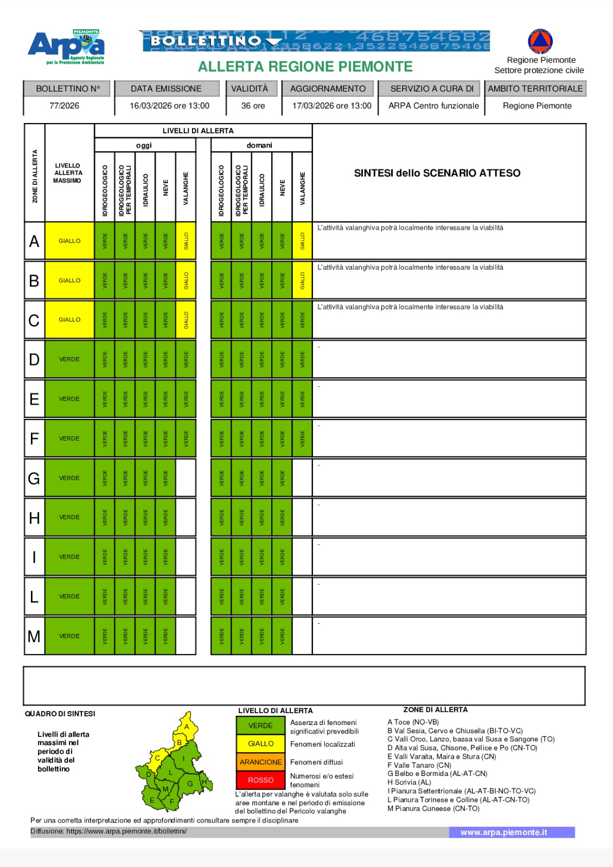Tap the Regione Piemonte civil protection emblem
point(540,41)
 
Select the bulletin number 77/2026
point(64,106)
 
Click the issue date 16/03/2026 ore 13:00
point(169,106)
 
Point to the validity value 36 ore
point(253,106)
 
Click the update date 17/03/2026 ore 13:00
point(331,106)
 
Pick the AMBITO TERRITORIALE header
point(535,88)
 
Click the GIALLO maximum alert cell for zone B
point(69,280)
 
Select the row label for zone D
point(34,359)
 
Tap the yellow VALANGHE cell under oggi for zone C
point(186,320)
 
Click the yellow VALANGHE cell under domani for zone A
point(302,241)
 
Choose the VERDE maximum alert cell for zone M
point(69,636)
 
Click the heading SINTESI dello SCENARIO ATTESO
point(437,173)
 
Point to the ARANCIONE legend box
point(260,762)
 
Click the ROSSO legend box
point(260,780)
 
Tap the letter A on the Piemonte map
point(187,727)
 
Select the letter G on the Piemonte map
point(190,784)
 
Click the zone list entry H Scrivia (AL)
point(409,782)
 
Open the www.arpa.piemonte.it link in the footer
point(503,832)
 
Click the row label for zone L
point(34,597)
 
